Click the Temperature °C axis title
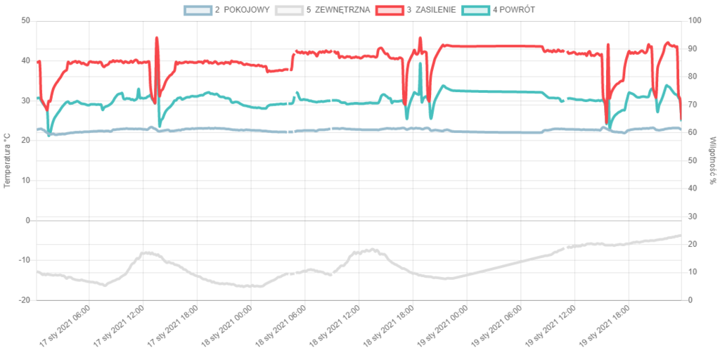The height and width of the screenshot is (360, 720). (x=8, y=160)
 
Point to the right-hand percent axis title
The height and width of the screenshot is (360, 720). (x=712, y=160)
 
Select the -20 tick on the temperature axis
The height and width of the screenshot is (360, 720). (x=25, y=299)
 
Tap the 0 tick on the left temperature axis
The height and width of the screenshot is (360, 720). (x=28, y=219)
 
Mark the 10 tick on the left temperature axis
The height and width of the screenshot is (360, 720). (x=27, y=180)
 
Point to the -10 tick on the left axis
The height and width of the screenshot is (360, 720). (x=25, y=259)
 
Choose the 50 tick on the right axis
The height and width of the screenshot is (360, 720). (x=693, y=160)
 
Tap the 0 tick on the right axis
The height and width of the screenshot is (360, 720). (x=691, y=299)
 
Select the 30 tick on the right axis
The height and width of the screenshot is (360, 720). (x=693, y=215)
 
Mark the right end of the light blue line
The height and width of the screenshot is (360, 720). (x=680, y=129)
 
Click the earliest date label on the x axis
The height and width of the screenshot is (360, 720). (x=63, y=326)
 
